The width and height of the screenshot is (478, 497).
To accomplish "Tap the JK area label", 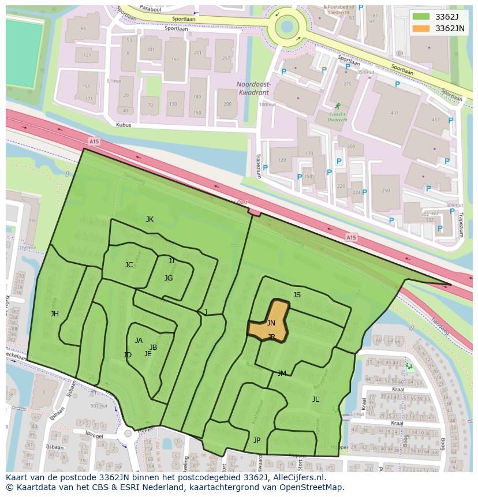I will [x=150, y=219].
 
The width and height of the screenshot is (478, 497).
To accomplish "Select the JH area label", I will [x=55, y=314].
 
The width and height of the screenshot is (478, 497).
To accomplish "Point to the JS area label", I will [x=297, y=295].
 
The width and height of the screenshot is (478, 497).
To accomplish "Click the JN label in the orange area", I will [x=271, y=323].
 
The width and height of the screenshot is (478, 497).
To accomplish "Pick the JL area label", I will [x=315, y=399].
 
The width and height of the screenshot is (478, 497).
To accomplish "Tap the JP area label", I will [x=257, y=440].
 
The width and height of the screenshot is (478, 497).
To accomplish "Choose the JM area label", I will [x=282, y=373].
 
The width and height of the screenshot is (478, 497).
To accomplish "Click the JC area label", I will [x=129, y=265].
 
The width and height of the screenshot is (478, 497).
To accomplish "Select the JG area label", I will [x=169, y=278].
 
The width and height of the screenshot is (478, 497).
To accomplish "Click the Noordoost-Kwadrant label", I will [x=253, y=87].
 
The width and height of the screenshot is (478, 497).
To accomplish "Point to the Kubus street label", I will [x=124, y=125].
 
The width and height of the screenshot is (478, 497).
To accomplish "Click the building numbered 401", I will [x=394, y=113].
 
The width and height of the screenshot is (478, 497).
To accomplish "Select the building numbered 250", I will [x=386, y=191].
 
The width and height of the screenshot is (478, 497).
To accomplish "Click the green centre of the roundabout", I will [x=287, y=25].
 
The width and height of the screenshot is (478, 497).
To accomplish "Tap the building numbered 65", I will [x=83, y=28].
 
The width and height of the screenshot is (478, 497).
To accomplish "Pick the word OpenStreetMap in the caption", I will [x=315, y=487].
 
